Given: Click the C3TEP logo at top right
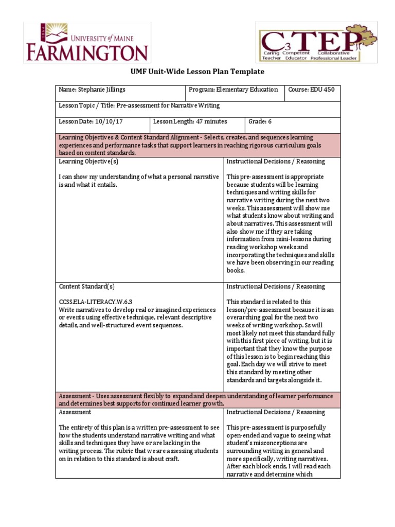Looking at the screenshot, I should [316, 42].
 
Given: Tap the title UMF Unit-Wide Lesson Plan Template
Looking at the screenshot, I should [197, 72].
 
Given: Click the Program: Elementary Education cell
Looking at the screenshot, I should [233, 90].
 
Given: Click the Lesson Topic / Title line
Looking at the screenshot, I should [139, 106].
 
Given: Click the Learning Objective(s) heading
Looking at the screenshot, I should [88, 161].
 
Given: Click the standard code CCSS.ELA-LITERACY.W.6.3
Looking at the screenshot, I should [99, 302].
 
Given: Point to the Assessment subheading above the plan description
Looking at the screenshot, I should [75, 412].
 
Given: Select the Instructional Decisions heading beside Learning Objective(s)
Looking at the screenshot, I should [276, 161].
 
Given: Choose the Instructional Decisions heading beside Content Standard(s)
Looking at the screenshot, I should [276, 287].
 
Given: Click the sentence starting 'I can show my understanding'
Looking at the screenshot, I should [138, 181].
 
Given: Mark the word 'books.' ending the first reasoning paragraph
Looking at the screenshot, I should [236, 270].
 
